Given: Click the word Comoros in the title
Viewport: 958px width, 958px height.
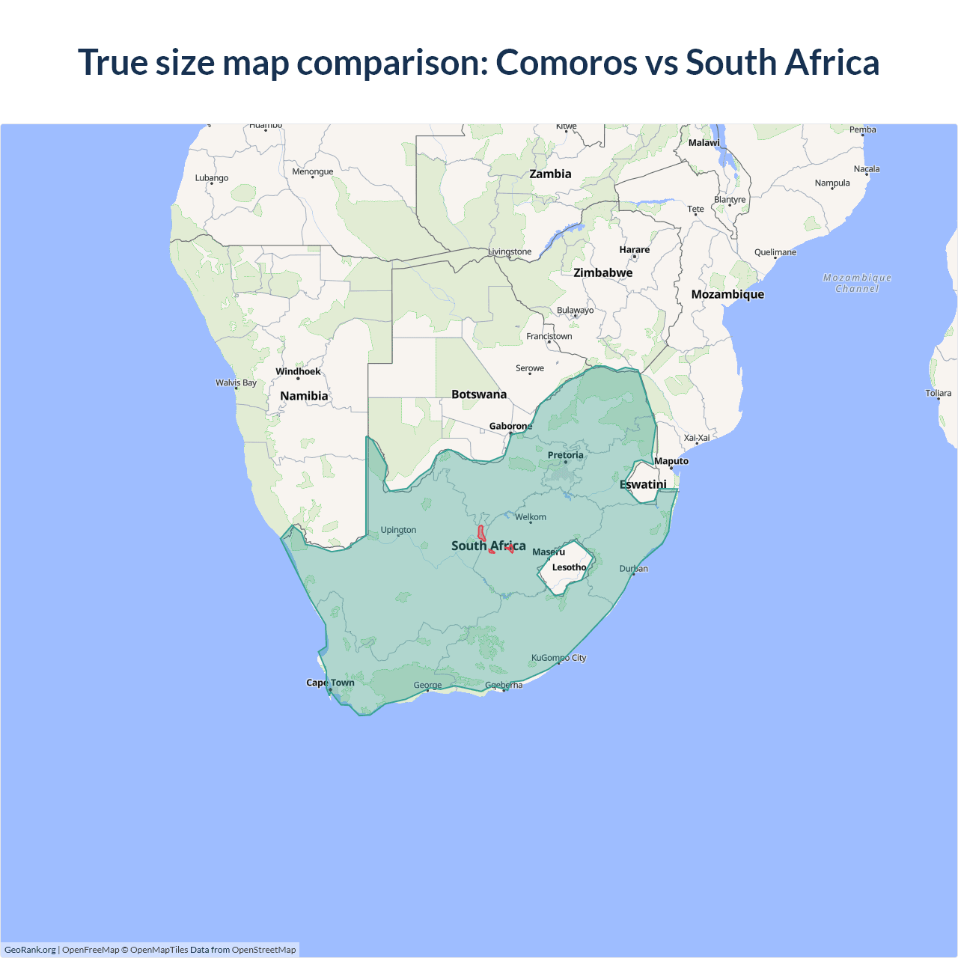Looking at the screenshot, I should pyautogui.click(x=566, y=62).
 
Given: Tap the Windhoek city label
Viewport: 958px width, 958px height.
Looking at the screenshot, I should pyautogui.click(x=298, y=371).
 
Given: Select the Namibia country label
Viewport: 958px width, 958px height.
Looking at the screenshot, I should pyautogui.click(x=304, y=396).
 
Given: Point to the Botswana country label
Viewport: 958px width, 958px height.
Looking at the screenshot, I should pyautogui.click(x=479, y=394).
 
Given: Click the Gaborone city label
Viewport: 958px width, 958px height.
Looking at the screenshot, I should pyautogui.click(x=510, y=426).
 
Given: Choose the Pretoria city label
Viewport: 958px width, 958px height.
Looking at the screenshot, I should pyautogui.click(x=565, y=455).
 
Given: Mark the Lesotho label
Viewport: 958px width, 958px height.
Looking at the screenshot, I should pyautogui.click(x=569, y=567).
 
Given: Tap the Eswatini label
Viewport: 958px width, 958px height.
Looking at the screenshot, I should pyautogui.click(x=643, y=484).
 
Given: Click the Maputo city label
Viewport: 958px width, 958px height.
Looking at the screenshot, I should pyautogui.click(x=671, y=461).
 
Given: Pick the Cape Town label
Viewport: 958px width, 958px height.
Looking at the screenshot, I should pyautogui.click(x=330, y=683).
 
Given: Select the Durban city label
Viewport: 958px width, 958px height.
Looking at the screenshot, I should pyautogui.click(x=634, y=569).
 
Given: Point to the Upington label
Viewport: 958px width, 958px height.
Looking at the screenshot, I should pyautogui.click(x=398, y=530).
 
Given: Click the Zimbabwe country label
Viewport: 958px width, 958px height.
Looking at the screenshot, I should pyautogui.click(x=602, y=272).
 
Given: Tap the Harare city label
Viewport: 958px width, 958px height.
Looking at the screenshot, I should pyautogui.click(x=635, y=249).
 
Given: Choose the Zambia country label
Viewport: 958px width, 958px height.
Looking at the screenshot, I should pyautogui.click(x=550, y=174).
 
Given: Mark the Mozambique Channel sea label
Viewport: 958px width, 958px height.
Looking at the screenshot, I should pyautogui.click(x=857, y=283).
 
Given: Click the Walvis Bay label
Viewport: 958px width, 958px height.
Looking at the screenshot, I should pyautogui.click(x=236, y=382).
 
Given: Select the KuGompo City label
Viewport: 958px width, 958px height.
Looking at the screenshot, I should pyautogui.click(x=558, y=658).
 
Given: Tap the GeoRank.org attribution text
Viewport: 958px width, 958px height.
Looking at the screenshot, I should pyautogui.click(x=30, y=950).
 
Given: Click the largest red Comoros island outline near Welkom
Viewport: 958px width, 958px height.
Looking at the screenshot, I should pyautogui.click(x=481, y=533).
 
